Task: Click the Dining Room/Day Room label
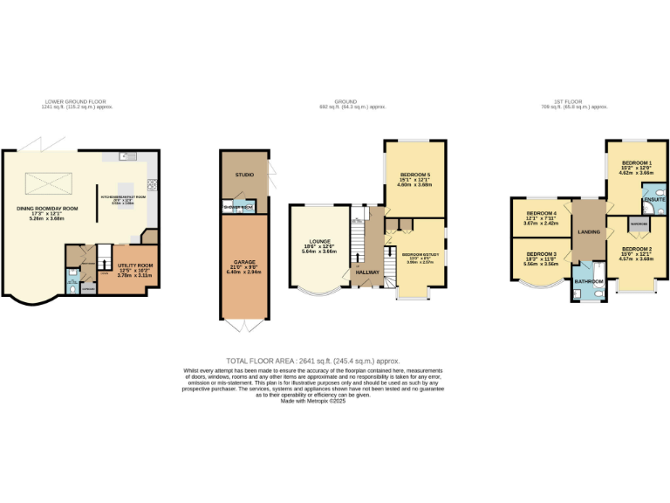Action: coord(49,208)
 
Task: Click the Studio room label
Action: coord(244,175)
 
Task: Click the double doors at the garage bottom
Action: coord(245,327)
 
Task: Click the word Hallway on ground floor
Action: coord(367,272)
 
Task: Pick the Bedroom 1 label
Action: coord(636,163)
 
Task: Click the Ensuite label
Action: coord(653,201)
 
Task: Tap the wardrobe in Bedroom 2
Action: coord(638,223)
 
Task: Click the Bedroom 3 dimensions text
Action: coord(540,263)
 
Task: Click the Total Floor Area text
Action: coord(311,361)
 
